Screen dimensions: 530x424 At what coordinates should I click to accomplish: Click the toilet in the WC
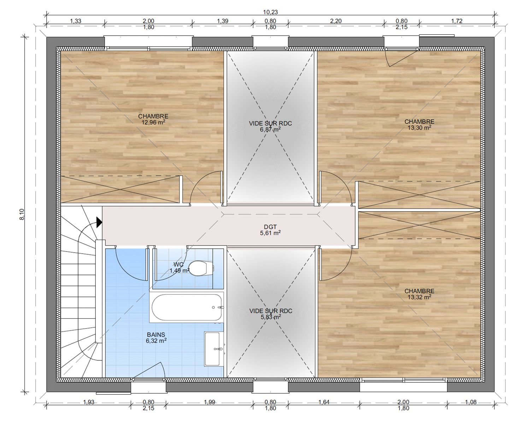click(x=200, y=268)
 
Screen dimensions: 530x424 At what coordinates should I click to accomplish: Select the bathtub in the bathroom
click(x=187, y=307)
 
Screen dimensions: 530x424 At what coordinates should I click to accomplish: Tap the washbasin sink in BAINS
click(x=213, y=349)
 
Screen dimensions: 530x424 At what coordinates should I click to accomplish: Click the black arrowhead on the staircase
click(x=99, y=222)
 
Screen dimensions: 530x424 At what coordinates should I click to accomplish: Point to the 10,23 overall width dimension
click(x=270, y=12)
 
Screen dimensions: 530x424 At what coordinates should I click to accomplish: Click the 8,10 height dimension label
click(x=22, y=214)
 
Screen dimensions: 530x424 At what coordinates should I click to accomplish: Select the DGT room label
click(x=270, y=226)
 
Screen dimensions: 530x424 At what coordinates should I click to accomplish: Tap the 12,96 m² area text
click(x=153, y=122)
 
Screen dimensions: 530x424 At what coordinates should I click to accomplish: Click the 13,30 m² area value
click(x=419, y=127)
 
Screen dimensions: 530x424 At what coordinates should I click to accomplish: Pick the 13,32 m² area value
click(x=419, y=297)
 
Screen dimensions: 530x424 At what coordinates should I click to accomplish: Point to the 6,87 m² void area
click(x=270, y=129)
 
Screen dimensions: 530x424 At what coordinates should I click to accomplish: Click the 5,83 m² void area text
click(x=271, y=317)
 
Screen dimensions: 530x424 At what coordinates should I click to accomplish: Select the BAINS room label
click(x=156, y=335)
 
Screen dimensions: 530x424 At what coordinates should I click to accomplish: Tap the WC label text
click(x=178, y=265)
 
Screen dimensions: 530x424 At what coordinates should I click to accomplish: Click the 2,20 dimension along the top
click(x=336, y=21)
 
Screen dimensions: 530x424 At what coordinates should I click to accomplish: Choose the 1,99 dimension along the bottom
click(x=209, y=402)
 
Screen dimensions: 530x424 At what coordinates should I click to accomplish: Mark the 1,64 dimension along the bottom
click(x=324, y=402)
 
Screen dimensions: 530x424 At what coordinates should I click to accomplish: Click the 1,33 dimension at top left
click(x=75, y=21)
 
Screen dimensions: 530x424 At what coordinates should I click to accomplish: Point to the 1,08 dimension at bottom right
click(x=471, y=402)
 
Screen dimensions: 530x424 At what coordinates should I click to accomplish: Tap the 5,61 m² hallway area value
click(x=270, y=233)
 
